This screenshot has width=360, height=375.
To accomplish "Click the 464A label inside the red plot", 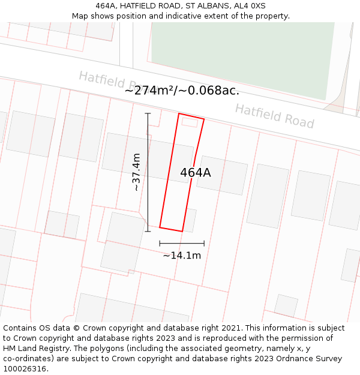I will click(196, 172).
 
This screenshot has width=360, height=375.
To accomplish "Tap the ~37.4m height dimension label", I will click(137, 172).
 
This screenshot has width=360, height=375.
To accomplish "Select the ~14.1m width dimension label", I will click(182, 255).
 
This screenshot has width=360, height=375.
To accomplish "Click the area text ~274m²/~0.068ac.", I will click(182, 90).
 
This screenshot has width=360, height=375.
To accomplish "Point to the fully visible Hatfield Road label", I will click(274, 116).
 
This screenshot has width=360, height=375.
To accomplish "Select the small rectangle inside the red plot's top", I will click(190, 122).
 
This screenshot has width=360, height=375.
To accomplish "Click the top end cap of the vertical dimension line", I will click(148, 113).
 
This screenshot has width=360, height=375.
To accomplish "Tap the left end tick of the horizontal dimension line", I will click(160, 243).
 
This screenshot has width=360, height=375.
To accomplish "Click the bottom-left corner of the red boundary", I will click(160, 227).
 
